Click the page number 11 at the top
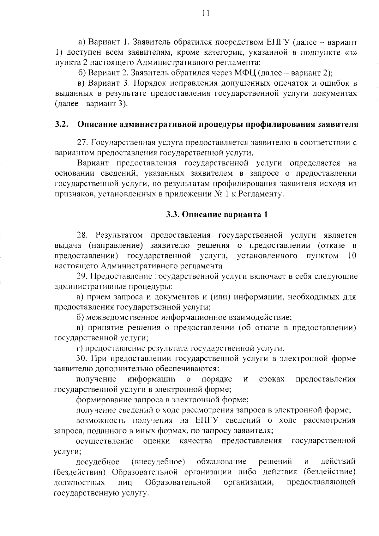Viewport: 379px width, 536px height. [x=206, y=13]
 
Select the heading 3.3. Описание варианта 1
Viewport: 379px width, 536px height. [x=217, y=215]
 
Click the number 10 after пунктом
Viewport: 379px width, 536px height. [x=352, y=256]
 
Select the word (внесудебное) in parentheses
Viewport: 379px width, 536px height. [x=158, y=461]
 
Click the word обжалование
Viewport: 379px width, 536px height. [x=221, y=461]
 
